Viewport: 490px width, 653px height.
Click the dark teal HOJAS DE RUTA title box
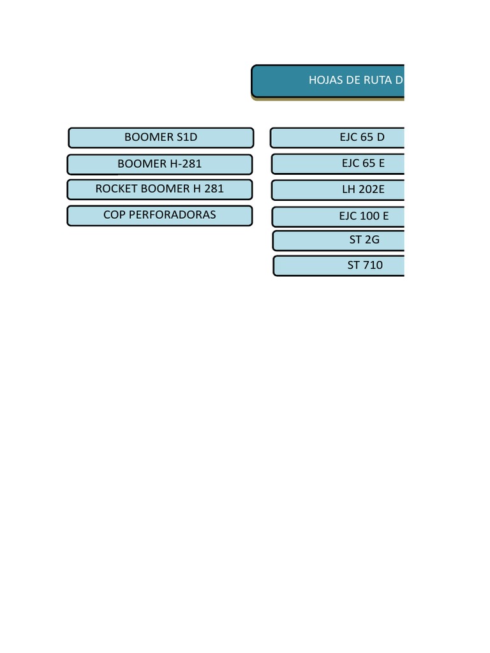tap(329, 81)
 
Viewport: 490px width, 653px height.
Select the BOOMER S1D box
tap(161, 138)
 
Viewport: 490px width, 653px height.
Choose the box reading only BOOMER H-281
tap(160, 164)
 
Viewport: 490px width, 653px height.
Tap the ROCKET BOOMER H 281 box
tap(160, 189)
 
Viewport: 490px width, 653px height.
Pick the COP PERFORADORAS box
tap(160, 216)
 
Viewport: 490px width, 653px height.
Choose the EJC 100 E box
tap(339, 217)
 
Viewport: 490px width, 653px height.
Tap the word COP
tap(114, 215)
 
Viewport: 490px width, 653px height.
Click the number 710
tap(373, 265)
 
